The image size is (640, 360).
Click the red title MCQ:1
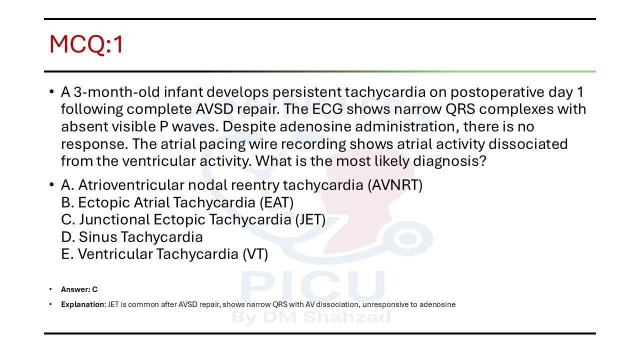[86, 44]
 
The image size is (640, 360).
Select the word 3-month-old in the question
[116, 92]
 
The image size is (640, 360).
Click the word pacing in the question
[222, 144]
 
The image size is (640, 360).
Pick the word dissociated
[528, 143]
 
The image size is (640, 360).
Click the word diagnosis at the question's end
[449, 161]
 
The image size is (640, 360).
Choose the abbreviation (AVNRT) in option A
[395, 185]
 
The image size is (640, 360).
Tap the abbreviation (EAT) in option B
[276, 202]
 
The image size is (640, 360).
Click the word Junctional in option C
[114, 219]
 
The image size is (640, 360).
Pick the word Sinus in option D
[97, 237]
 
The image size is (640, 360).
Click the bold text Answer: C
[79, 289]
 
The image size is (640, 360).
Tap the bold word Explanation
[83, 304]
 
